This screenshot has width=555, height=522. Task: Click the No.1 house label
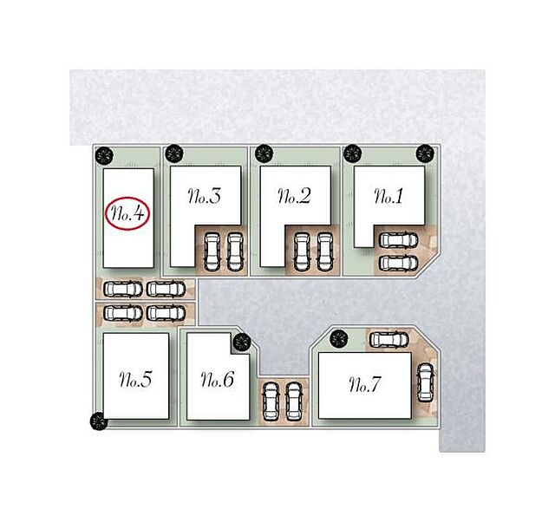(388, 197)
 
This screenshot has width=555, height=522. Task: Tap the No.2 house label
(295, 197)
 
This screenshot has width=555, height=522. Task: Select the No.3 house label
(205, 197)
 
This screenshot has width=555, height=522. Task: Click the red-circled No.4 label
(127, 214)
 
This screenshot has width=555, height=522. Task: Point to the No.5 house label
(135, 379)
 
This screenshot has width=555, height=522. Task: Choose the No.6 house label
(218, 379)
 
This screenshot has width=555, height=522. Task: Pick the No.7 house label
(365, 384)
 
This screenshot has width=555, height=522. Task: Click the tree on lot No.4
(104, 155)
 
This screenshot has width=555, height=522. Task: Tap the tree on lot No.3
(173, 154)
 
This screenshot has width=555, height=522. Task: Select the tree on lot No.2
(264, 154)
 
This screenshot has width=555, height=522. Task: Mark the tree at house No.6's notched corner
(242, 342)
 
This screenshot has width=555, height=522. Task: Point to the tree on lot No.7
(339, 339)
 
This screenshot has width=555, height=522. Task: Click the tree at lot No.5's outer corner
(99, 421)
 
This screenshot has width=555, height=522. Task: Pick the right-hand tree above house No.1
(425, 153)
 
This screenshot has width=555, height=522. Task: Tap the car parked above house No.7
(389, 340)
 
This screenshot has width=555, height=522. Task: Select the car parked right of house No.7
(425, 383)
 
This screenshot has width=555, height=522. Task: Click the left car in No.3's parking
(212, 252)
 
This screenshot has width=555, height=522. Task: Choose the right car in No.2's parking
(324, 252)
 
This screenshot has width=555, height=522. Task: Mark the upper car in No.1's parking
(399, 239)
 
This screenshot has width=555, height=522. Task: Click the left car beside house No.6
(271, 401)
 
